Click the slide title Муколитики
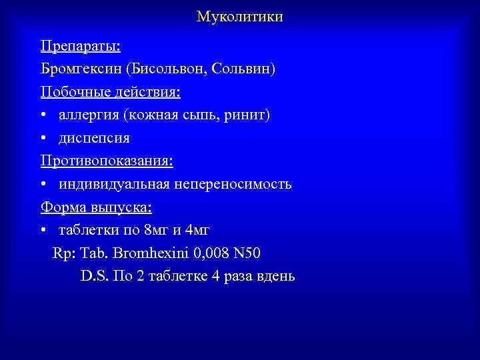point(240,17)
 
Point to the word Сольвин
point(244,69)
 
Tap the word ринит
point(247,115)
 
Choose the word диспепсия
point(94,139)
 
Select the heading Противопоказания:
point(107,161)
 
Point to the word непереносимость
point(236,185)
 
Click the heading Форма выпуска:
point(96,207)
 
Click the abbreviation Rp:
point(65,254)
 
